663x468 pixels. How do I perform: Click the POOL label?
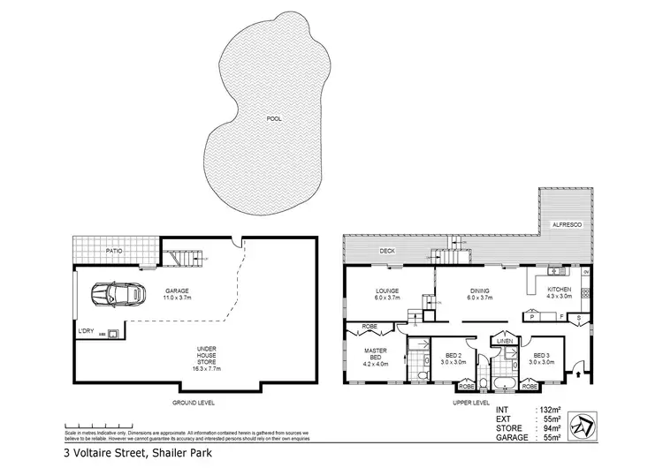point(274,117)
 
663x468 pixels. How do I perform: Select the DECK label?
point(386,251)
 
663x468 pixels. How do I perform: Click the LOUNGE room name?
point(386,291)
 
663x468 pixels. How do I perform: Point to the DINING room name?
point(480,291)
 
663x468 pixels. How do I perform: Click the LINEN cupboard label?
point(505,340)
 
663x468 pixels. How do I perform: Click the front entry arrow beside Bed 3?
point(576,374)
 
